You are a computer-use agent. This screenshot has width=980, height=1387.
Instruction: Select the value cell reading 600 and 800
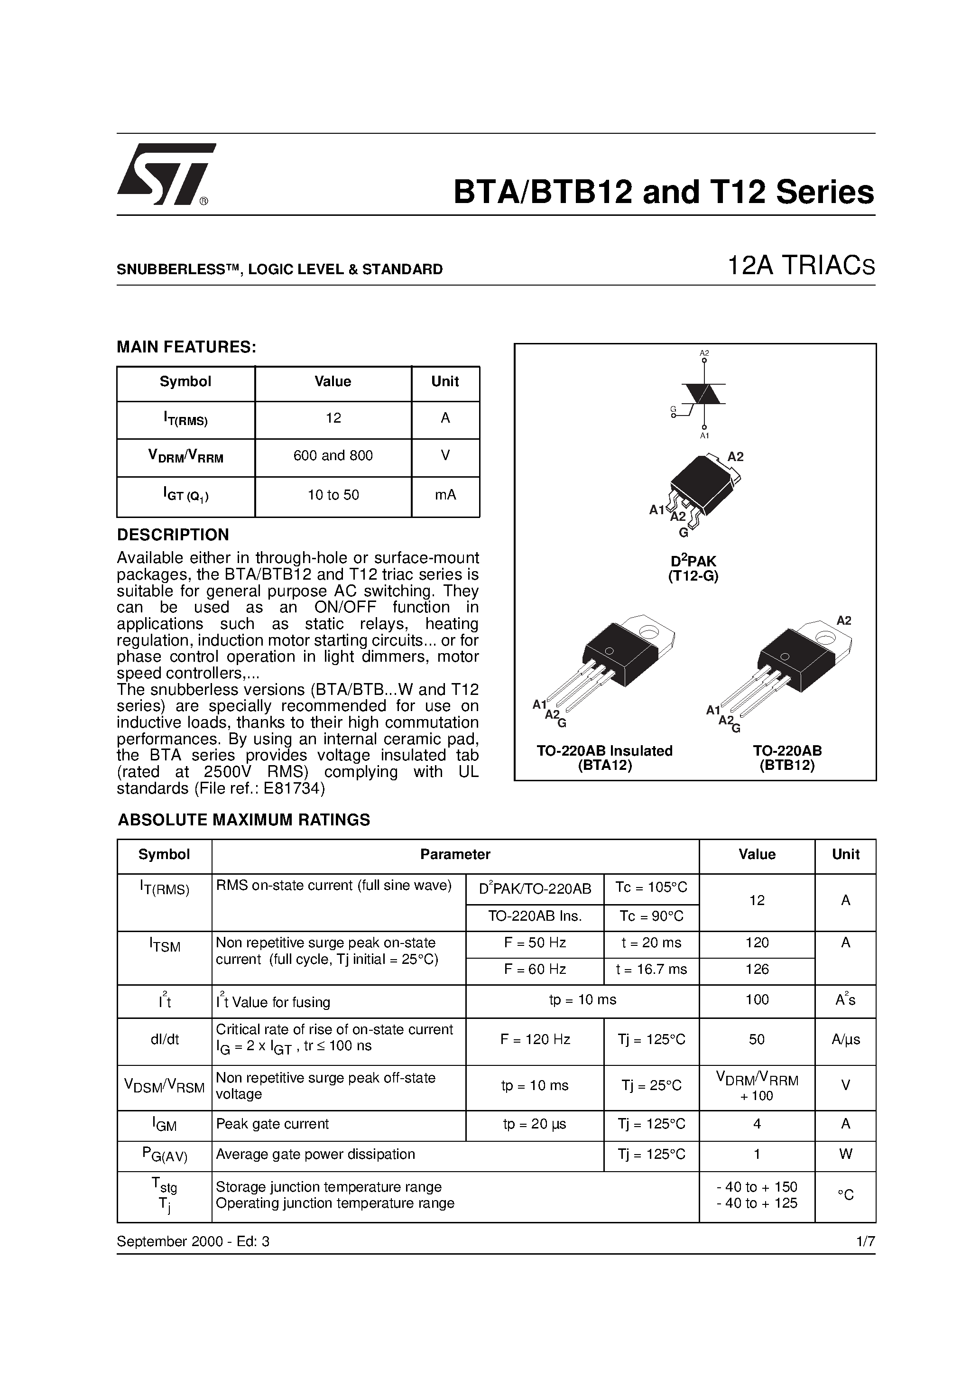(x=333, y=456)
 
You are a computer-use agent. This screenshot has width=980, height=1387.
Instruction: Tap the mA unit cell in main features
(x=445, y=495)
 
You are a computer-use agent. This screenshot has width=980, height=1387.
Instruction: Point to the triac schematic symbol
(x=703, y=394)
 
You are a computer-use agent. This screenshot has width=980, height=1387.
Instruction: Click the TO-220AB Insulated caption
(x=604, y=751)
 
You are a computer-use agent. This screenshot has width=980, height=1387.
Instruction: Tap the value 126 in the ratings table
(x=757, y=970)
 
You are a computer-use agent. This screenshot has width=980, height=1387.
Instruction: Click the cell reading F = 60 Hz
(x=535, y=970)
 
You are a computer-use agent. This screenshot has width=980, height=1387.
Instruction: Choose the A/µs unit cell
(x=845, y=1040)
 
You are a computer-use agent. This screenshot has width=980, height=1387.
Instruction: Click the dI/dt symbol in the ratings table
(x=164, y=1040)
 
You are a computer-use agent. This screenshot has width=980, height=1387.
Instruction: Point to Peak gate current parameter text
(x=272, y=1124)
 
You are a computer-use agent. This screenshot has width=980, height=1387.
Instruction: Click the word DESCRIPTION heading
(x=173, y=535)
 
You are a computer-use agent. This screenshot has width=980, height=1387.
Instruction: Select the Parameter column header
(x=455, y=855)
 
